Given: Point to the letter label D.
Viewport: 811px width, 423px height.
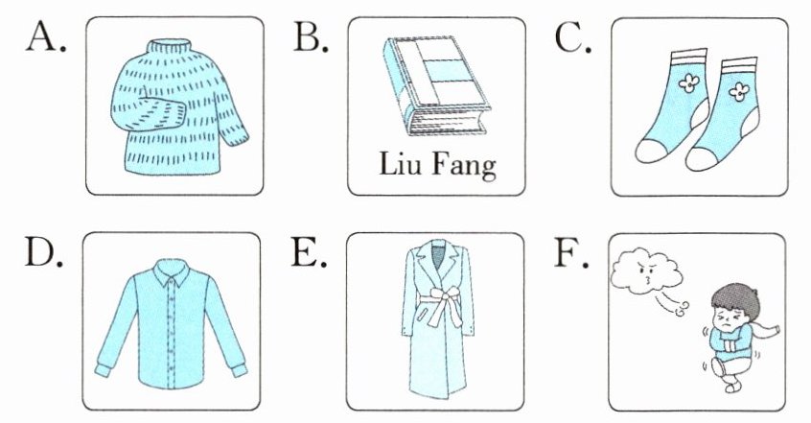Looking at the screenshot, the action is pyautogui.click(x=43, y=253).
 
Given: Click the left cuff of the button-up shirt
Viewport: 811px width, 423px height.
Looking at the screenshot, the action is pyautogui.click(x=103, y=369).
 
